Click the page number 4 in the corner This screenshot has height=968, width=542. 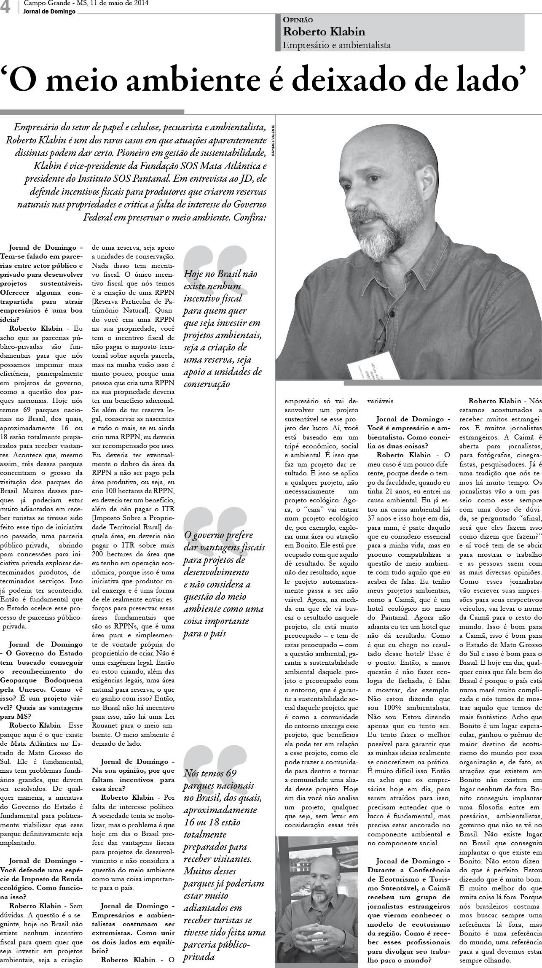pyautogui.click(x=6, y=7)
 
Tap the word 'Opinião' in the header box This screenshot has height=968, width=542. pyautogui.click(x=298, y=19)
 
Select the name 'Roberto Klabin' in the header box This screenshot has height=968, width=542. pyautogui.click(x=324, y=32)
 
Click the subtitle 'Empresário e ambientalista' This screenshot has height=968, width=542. pyautogui.click(x=337, y=45)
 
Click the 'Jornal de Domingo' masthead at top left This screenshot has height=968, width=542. pyautogui.click(x=50, y=11)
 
